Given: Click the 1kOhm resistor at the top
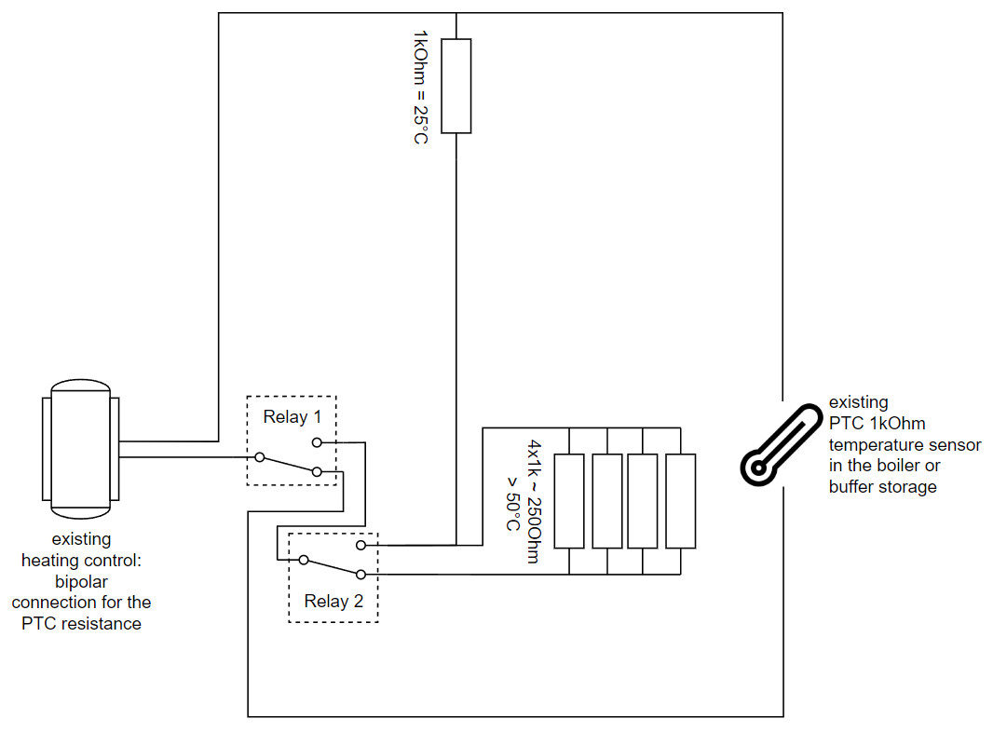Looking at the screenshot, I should coord(456,86).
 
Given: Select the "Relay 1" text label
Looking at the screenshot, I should coord(291,416).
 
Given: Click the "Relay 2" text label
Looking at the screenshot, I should coord(333,601).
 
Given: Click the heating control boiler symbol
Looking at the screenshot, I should coord(80,448).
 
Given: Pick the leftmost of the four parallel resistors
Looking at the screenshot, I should coord(568,500).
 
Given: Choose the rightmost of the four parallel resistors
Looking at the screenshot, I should coord(681,500).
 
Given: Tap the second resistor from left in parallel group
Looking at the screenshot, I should coord(606,500).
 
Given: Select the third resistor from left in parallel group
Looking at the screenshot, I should coord(643,500).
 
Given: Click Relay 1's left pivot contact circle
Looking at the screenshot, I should coord(260,457).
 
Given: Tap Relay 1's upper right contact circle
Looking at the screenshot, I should coord(317,441).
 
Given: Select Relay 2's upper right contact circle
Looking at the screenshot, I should coord(360,544).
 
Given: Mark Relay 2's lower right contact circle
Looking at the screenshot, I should coord(360,576).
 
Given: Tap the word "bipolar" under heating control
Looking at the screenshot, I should coord(81,582).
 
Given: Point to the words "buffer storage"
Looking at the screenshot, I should coord(883,486).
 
